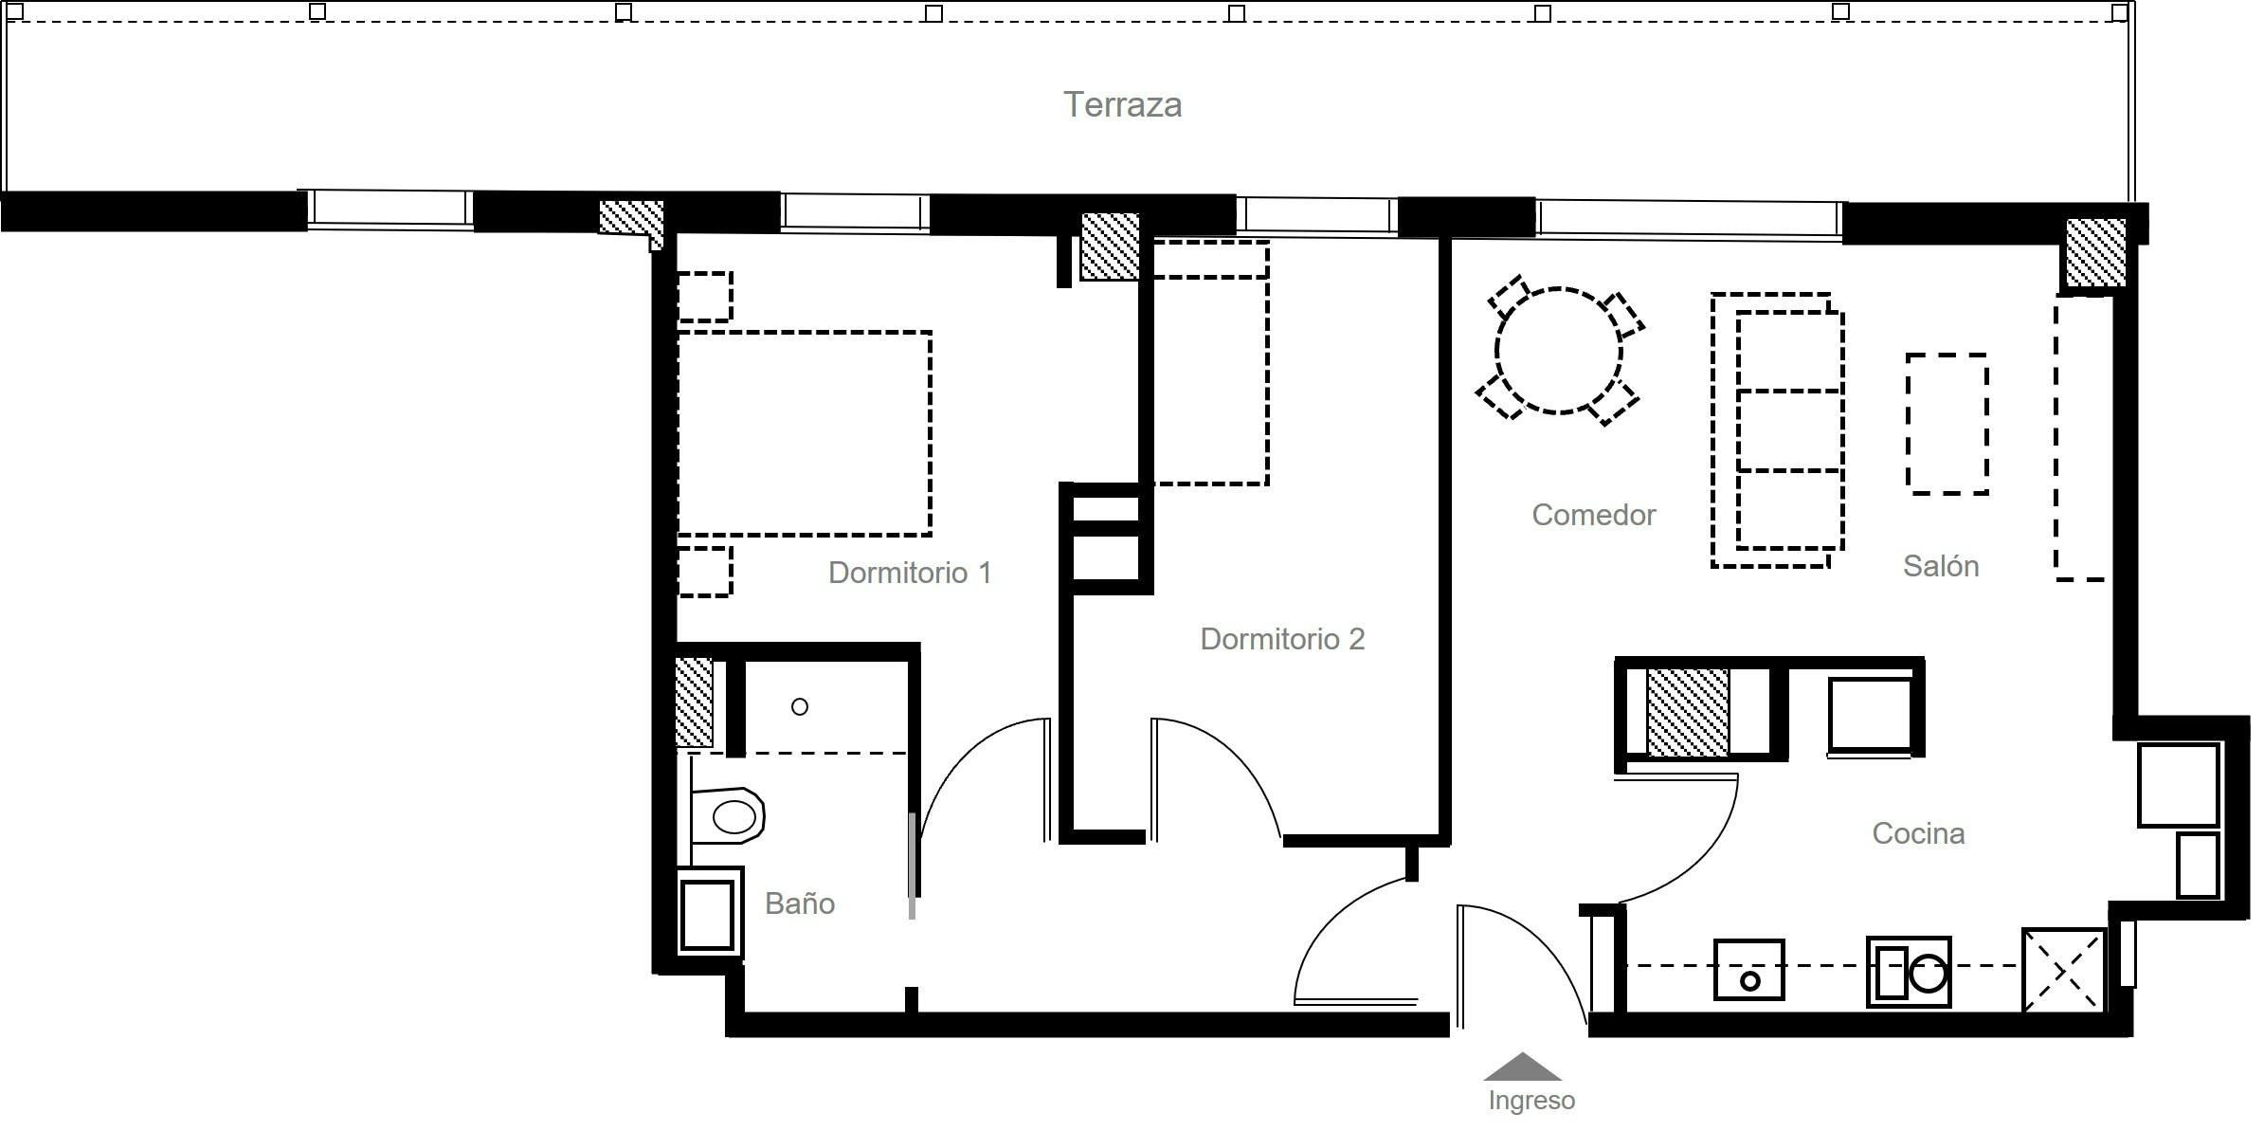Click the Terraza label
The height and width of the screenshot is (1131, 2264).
click(1122, 105)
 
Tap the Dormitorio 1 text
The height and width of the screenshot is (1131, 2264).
click(909, 573)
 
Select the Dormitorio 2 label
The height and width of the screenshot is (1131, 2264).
click(1281, 639)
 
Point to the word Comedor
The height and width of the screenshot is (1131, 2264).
click(1593, 515)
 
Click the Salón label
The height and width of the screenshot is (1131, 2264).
click(1940, 566)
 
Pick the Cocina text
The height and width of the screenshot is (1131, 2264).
click(1917, 833)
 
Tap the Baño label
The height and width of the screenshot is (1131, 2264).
click(799, 903)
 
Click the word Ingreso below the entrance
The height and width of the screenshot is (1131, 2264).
click(1530, 1101)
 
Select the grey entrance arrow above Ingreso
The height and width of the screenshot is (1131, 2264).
click(1522, 1068)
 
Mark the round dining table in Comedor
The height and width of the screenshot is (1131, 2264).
click(1558, 351)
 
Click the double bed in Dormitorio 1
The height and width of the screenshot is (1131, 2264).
click(804, 433)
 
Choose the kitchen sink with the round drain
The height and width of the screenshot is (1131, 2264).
click(1748, 970)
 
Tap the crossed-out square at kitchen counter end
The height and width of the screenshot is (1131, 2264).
click(2063, 970)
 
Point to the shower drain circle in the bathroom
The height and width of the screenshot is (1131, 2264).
click(799, 706)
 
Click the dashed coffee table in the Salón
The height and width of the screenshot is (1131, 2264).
click(1947, 424)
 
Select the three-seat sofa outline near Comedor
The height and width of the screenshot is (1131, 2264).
click(1787, 430)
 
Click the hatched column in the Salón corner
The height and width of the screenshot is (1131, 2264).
click(2095, 252)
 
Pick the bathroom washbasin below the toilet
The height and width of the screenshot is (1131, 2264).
click(707, 915)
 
